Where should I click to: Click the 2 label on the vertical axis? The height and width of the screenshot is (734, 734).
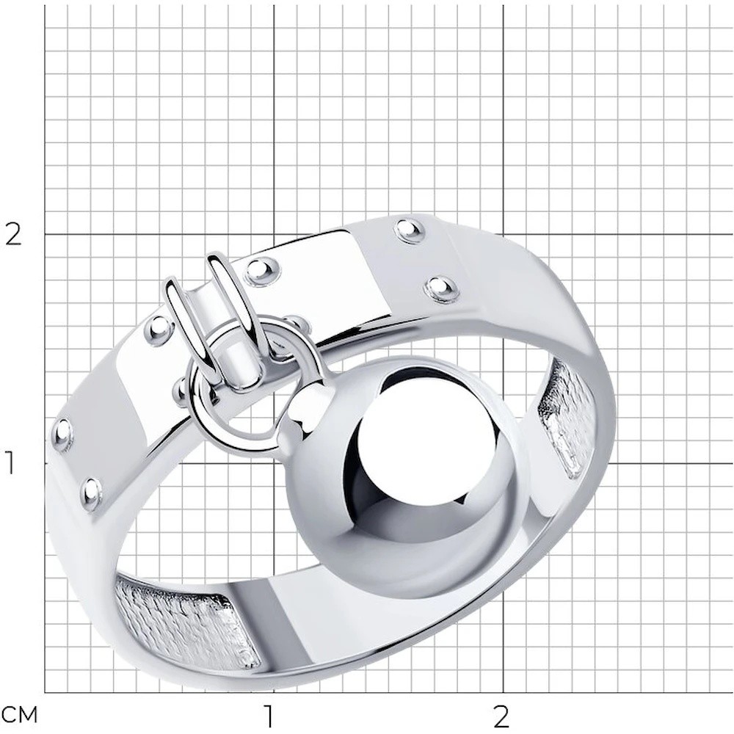(12, 234)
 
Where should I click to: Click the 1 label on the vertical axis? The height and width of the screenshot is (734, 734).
(11, 462)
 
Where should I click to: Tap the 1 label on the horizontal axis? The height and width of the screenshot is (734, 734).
(268, 714)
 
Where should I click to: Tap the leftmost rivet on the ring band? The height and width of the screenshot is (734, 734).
(62, 432)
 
